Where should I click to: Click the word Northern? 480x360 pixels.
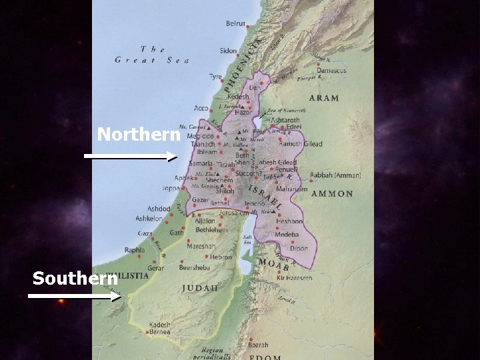pos(139,135)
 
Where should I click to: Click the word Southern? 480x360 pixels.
pos(75,278)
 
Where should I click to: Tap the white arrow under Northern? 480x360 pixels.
pos(131,157)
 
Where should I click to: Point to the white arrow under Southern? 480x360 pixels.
pos(75,297)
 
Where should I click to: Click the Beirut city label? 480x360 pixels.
pos(235,24)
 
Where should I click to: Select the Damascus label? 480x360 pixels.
pos(331,71)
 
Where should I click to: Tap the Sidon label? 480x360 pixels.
pos(228,51)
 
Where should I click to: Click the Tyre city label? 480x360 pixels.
pos(215,77)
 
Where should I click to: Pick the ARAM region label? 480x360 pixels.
pos(324,98)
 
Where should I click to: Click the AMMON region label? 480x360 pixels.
pos(331,194)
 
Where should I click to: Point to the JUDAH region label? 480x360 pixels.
pos(200,288)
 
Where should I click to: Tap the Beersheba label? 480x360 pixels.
pos(194,268)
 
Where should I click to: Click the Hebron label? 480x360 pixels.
pos(221,257)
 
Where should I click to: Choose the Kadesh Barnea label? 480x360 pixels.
pos(160,329)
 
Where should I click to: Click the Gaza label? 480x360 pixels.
pos(145,234)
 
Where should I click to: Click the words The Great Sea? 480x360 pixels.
pos(153,54)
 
